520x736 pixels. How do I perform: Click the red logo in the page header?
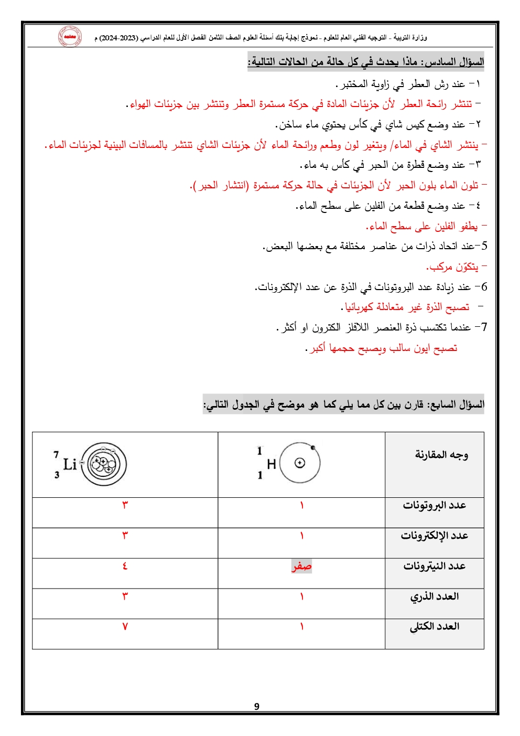[70, 37]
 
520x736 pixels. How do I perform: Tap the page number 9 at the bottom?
[257, 706]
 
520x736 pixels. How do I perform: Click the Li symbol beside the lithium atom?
[70, 464]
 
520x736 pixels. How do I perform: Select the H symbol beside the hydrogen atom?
[271, 464]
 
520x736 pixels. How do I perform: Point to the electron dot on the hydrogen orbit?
[313, 448]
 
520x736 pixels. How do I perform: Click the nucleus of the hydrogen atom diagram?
[300, 463]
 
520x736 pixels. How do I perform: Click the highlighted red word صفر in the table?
[301, 566]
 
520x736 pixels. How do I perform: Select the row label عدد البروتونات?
[434, 505]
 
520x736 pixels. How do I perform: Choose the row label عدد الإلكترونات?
[434, 536]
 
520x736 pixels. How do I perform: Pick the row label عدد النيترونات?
[434, 566]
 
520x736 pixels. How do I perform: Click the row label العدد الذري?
[434, 596]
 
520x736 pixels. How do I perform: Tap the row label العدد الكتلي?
[434, 626]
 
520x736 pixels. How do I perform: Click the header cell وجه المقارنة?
[441, 455]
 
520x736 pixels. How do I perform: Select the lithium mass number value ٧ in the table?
[125, 626]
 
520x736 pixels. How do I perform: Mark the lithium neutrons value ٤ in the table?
[125, 566]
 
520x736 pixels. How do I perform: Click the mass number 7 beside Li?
[56, 454]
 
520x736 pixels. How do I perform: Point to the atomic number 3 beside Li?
[57, 475]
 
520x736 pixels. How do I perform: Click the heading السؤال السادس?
[454, 62]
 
